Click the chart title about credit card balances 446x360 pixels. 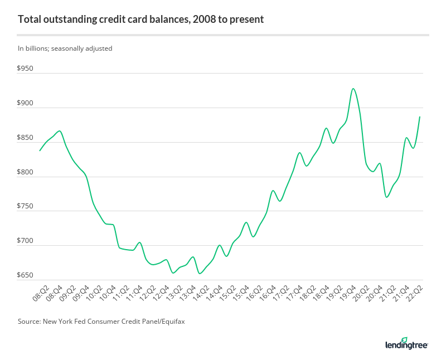140,20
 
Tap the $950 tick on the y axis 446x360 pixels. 26,69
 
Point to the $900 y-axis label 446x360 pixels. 26,104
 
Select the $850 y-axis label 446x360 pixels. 26,138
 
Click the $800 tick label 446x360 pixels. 26,173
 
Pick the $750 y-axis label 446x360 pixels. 26,207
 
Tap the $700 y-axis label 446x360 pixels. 26,241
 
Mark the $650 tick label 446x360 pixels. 26,276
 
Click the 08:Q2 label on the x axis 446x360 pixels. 40,293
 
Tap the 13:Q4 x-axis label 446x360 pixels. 189,293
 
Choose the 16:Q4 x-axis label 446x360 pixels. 270,293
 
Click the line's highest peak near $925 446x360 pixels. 353,89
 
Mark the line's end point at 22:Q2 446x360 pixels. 420,116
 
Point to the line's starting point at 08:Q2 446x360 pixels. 40,151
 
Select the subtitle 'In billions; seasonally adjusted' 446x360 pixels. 65,48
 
